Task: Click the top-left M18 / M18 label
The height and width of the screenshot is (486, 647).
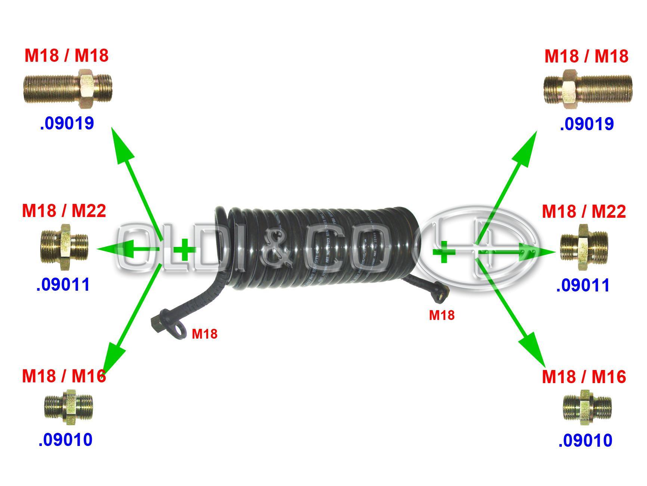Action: point(66,55)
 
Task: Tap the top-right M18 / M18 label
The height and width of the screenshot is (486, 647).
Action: point(586,56)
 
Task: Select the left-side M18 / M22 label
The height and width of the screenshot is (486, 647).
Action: point(64,211)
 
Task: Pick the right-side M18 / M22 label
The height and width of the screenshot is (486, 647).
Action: point(583,211)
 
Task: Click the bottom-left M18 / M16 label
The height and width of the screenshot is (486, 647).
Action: point(64,376)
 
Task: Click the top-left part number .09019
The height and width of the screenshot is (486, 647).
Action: point(66,123)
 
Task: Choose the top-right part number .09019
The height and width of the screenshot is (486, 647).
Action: point(586,124)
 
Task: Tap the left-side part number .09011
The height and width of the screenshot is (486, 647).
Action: point(63,284)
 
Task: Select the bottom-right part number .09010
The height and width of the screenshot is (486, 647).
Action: point(585,440)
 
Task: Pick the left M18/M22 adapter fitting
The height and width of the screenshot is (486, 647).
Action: point(64,247)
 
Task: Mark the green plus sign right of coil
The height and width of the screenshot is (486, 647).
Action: point(443,252)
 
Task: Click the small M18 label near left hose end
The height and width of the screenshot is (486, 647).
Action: point(204,334)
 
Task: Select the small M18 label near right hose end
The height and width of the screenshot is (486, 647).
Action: point(442,315)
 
